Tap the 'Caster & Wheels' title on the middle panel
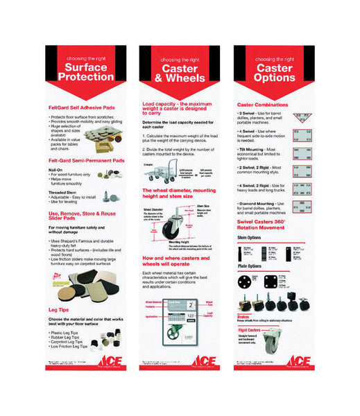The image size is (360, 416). pyautogui.click(x=178, y=73)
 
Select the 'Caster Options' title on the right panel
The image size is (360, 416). pyautogui.click(x=274, y=73)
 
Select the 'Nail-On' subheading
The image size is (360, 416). pyautogui.click(x=57, y=169)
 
